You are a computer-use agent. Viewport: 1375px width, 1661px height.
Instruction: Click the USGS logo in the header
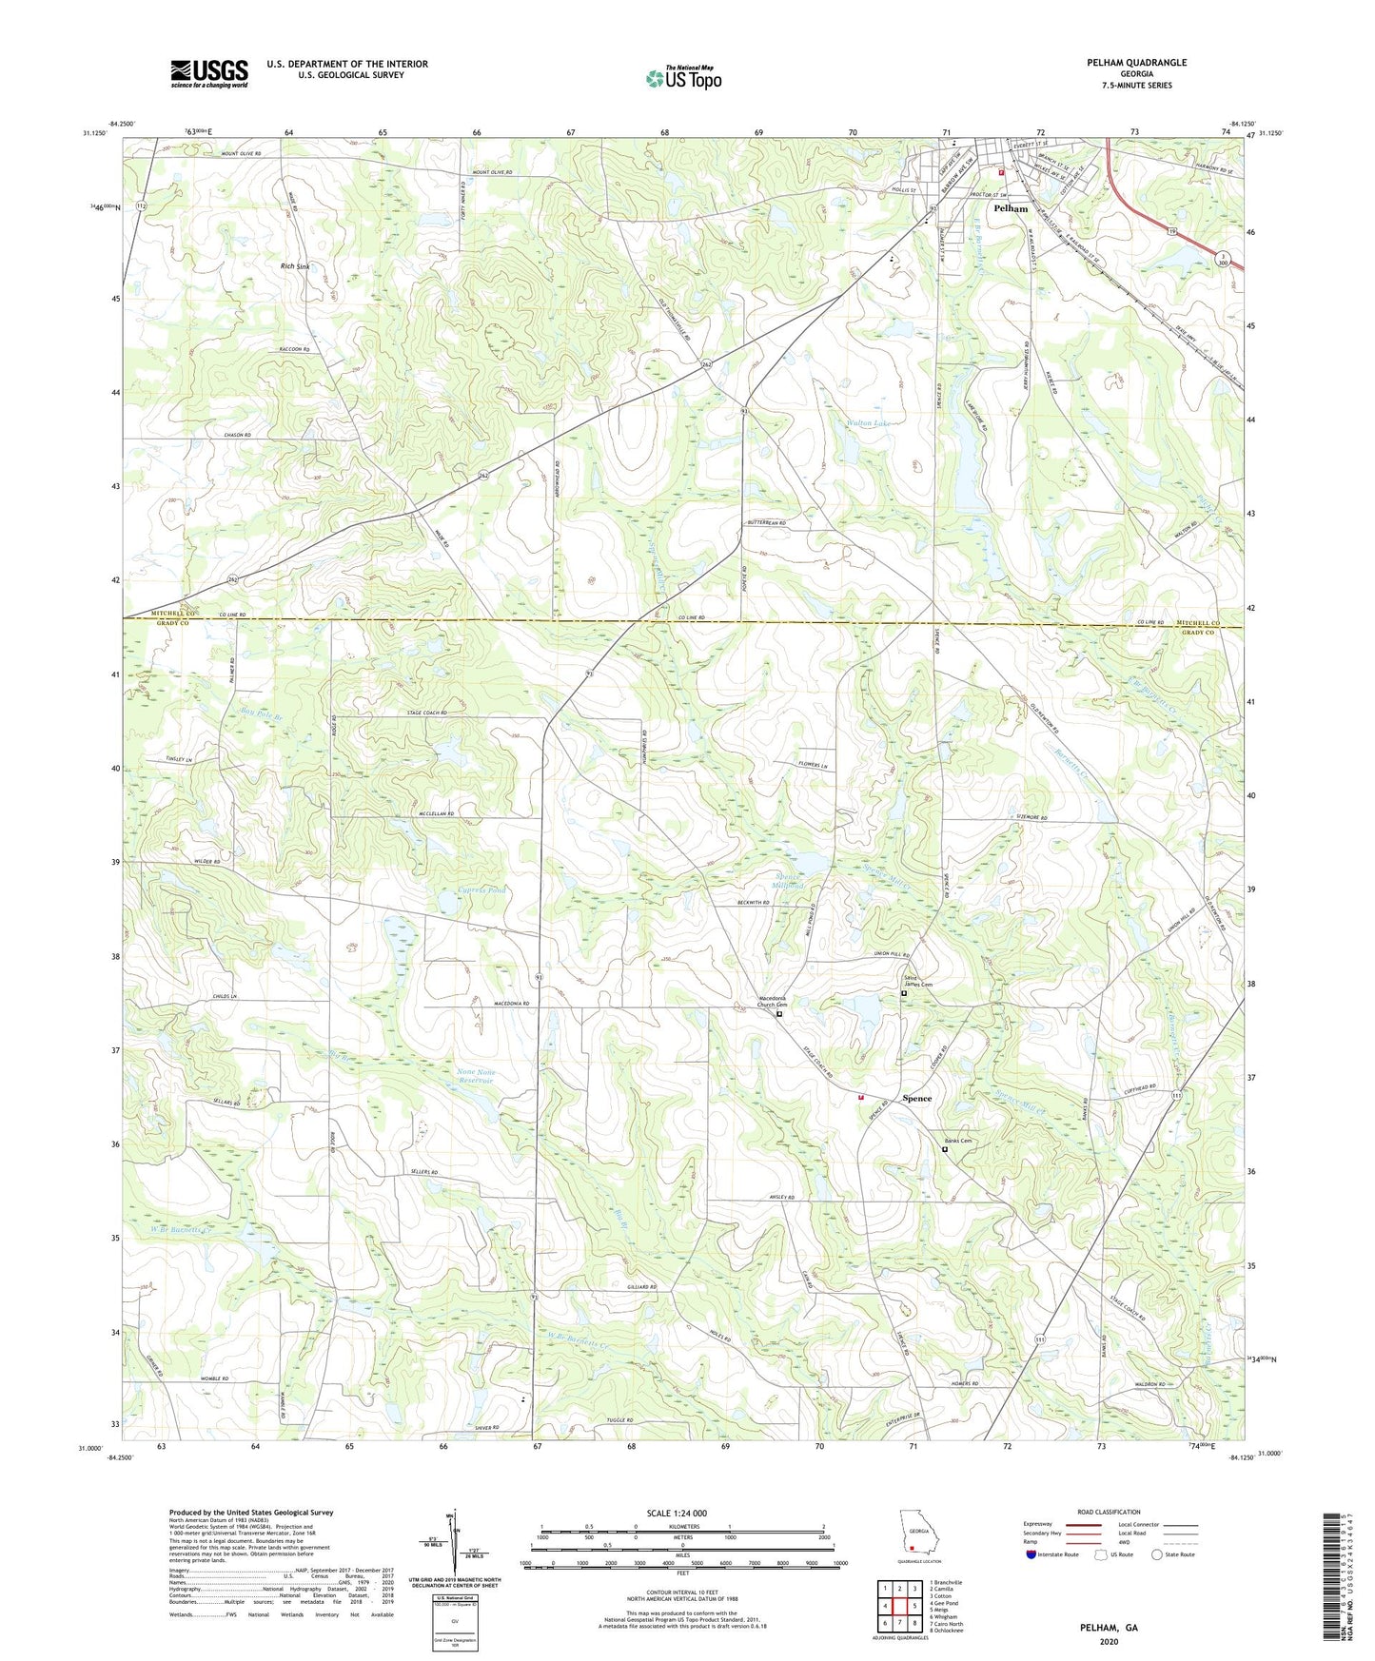pyautogui.click(x=208, y=72)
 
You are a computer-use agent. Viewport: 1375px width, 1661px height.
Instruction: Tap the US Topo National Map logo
pyautogui.click(x=682, y=78)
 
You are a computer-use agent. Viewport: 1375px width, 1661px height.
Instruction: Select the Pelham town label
pyautogui.click(x=1010, y=208)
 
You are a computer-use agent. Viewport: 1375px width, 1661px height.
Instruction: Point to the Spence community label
pyautogui.click(x=916, y=1098)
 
